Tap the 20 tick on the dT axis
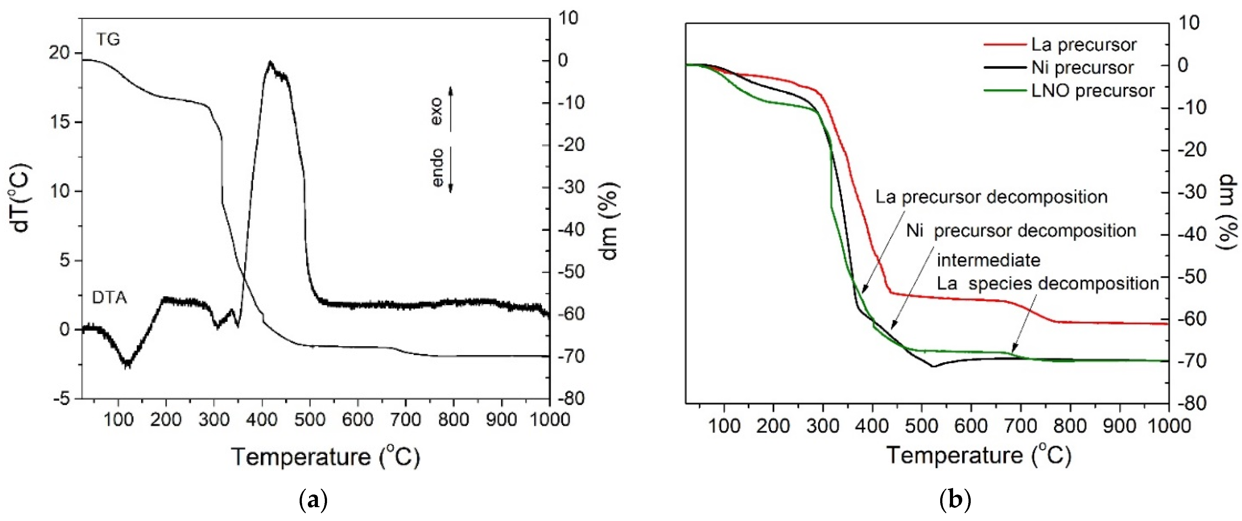click(x=59, y=53)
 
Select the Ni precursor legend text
click(x=1082, y=67)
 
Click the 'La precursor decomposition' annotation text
click(x=991, y=197)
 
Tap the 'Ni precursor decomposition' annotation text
click(x=1021, y=231)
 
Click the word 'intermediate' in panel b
click(x=988, y=260)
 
